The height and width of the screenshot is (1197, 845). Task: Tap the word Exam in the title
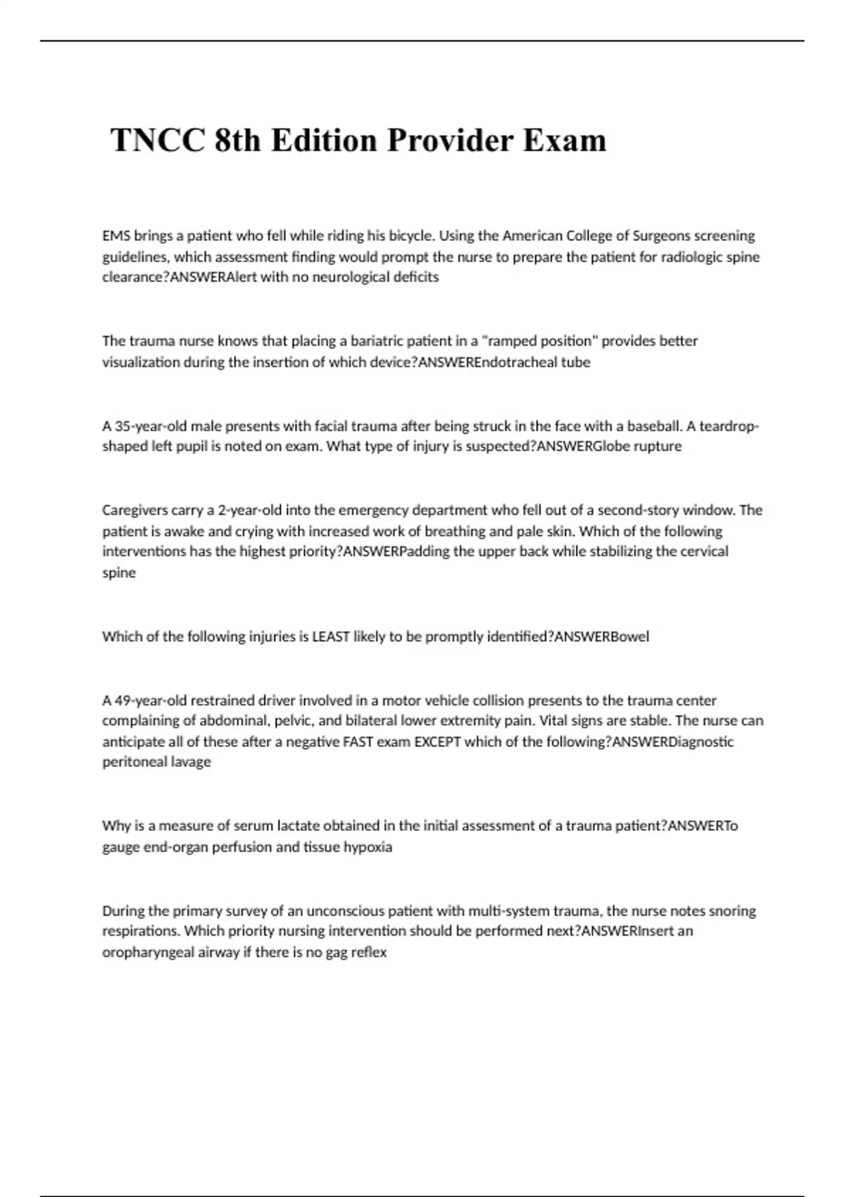(x=564, y=140)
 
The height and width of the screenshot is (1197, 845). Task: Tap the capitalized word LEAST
(x=330, y=637)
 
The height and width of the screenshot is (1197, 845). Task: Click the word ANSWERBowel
(x=602, y=637)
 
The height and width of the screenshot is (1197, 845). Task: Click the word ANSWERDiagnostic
(x=672, y=742)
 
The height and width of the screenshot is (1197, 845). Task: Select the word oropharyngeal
(x=147, y=953)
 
